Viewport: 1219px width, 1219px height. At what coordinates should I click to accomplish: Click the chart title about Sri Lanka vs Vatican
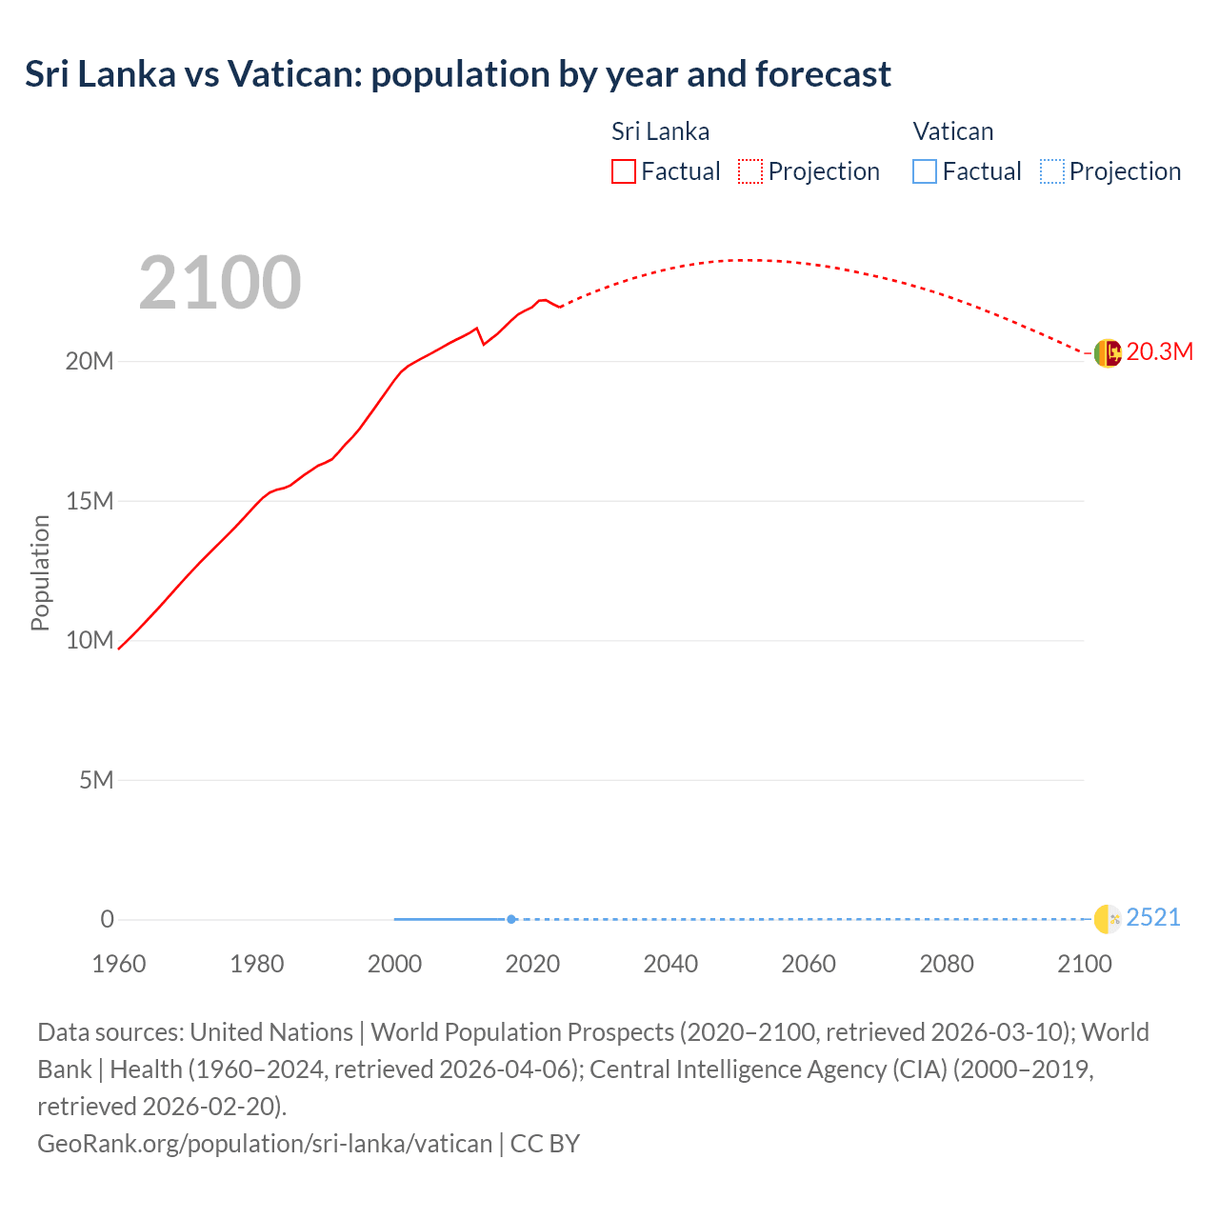tap(458, 74)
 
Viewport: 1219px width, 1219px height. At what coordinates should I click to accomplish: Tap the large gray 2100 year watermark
tap(220, 283)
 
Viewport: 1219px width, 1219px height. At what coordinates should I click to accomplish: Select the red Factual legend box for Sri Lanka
tap(624, 171)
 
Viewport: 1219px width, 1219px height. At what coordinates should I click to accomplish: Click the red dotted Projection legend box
tap(750, 171)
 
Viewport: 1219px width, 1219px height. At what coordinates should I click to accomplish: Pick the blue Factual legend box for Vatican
tap(925, 171)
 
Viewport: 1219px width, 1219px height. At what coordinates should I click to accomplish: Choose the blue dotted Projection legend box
tap(1052, 171)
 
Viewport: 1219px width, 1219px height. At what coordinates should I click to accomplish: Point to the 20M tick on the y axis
tap(90, 362)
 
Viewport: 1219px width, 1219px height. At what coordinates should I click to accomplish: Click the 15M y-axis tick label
tap(90, 501)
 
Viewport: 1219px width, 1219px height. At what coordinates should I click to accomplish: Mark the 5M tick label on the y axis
tap(96, 781)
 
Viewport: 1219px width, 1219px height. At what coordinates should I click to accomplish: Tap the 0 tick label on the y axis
tap(107, 919)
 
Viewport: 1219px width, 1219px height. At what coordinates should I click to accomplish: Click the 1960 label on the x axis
tap(119, 964)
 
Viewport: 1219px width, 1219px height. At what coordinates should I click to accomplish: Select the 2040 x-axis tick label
tap(670, 964)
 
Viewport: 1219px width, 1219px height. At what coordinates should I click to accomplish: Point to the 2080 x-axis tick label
tap(947, 964)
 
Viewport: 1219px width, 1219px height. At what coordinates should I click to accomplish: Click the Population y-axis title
tap(40, 572)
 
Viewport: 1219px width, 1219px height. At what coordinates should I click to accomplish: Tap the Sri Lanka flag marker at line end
tap(1108, 353)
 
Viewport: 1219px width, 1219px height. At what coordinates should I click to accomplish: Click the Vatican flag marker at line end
tap(1108, 919)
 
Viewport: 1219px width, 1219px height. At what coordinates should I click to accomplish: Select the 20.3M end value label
tap(1159, 352)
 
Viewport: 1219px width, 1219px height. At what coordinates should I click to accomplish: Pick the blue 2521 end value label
tap(1152, 918)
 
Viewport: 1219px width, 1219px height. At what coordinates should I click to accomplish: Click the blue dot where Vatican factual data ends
tap(511, 919)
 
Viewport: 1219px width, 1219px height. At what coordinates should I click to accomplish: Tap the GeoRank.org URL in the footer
tap(265, 1144)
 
